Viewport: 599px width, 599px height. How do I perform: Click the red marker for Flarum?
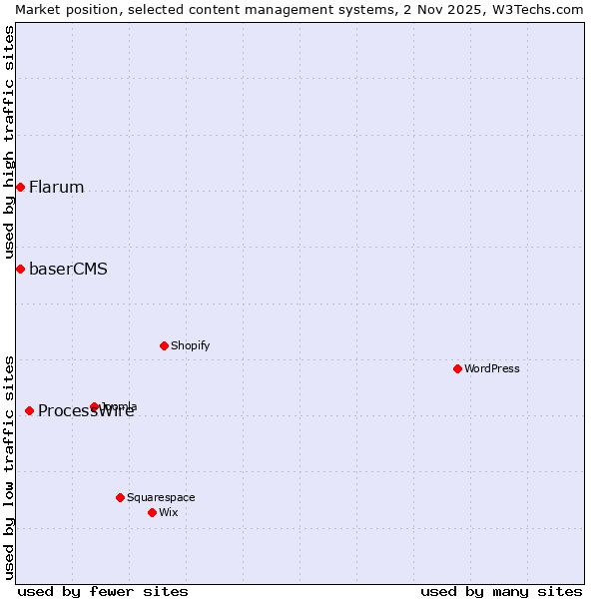(x=20, y=187)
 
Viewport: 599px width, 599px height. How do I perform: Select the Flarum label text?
(x=56, y=188)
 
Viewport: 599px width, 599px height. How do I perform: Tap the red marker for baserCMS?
(x=20, y=269)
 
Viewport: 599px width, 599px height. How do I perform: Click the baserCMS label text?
(x=68, y=270)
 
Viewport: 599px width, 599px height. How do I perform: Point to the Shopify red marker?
(x=164, y=345)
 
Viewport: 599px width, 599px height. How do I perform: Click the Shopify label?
(x=190, y=346)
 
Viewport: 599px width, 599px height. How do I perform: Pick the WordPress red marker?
(x=457, y=368)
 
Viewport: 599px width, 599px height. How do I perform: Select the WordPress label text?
(x=492, y=369)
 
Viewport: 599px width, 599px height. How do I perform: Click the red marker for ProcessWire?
(x=29, y=410)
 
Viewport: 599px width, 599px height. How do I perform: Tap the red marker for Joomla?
(x=95, y=406)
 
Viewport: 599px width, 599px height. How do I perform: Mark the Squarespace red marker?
(x=120, y=497)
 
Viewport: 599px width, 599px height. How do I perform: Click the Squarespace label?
(x=161, y=498)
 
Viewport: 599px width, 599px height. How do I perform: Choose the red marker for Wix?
(x=152, y=512)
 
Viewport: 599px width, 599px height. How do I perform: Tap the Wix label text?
(x=169, y=513)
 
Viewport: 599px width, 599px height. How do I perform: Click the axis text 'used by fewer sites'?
(x=103, y=591)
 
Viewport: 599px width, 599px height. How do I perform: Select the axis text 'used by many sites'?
(x=501, y=591)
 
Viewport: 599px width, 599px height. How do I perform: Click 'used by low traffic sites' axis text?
(x=9, y=467)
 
